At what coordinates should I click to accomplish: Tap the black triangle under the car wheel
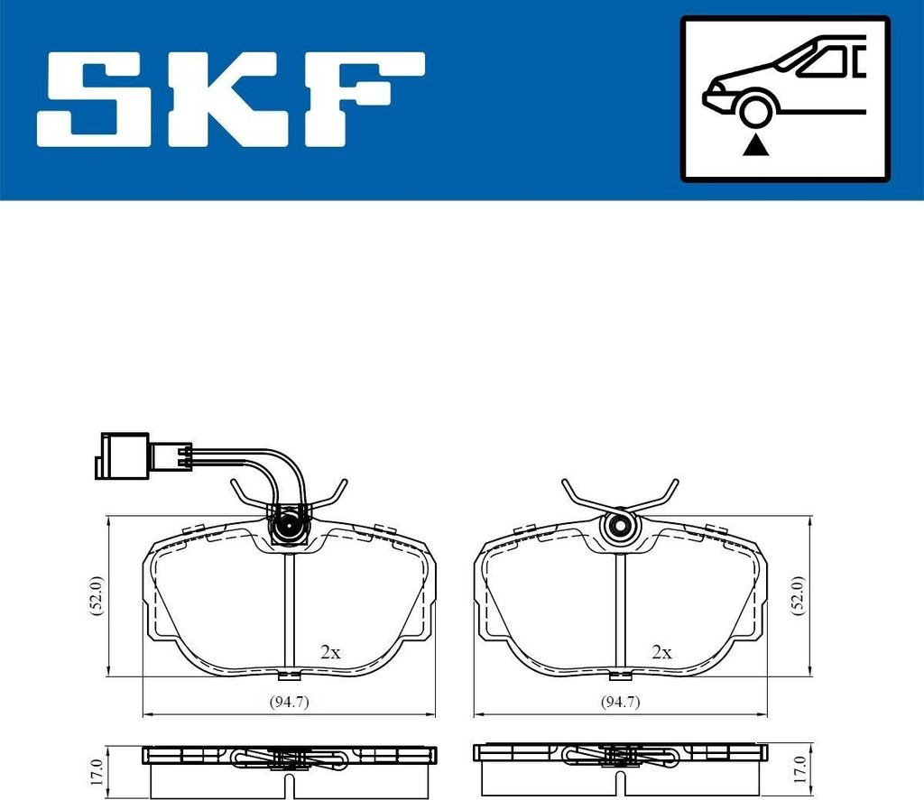pyautogui.click(x=754, y=145)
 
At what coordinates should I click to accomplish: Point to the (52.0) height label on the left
pyautogui.click(x=97, y=596)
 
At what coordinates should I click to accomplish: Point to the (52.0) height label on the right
pyautogui.click(x=797, y=596)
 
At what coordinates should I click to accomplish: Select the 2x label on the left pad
pyautogui.click(x=330, y=651)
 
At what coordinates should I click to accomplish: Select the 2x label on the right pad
pyautogui.click(x=661, y=651)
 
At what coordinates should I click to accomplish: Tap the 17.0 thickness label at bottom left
pyautogui.click(x=98, y=772)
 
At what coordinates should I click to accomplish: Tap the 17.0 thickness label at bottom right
pyautogui.click(x=798, y=772)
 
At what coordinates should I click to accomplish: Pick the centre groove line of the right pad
pyautogui.click(x=620, y=613)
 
